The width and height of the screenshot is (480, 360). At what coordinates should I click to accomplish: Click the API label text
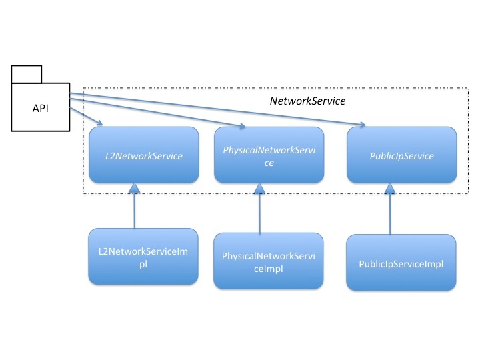click(41, 109)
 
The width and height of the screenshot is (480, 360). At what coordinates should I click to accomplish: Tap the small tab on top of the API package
click(26, 74)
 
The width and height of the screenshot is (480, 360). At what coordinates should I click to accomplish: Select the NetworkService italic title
click(307, 101)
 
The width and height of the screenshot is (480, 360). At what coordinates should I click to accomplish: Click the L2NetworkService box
click(144, 155)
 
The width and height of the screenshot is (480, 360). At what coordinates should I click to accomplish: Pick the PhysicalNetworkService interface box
click(269, 155)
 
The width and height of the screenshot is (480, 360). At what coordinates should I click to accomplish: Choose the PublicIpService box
click(401, 155)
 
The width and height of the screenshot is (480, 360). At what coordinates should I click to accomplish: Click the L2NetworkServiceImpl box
click(143, 257)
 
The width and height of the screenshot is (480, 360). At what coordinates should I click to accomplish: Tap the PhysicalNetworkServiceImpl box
click(269, 261)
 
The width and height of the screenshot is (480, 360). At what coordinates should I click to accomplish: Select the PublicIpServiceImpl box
click(401, 263)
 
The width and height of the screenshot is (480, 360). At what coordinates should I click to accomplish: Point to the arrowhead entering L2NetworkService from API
click(99, 123)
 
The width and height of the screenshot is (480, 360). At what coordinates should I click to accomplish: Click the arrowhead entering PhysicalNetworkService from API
click(242, 125)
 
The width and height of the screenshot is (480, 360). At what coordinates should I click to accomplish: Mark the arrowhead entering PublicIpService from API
click(363, 124)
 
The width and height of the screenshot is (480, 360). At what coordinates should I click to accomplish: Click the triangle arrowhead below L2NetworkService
click(134, 188)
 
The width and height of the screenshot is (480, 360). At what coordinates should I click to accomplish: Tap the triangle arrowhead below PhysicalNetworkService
click(259, 189)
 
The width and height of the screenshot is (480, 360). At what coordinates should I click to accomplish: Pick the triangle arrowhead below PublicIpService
click(390, 189)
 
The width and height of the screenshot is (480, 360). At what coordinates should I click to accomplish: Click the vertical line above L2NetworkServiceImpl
click(135, 211)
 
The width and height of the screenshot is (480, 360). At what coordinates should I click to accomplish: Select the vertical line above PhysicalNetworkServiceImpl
click(259, 213)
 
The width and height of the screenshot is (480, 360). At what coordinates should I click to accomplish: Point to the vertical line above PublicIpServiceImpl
click(390, 214)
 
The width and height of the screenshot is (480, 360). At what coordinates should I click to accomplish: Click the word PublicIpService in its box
click(401, 156)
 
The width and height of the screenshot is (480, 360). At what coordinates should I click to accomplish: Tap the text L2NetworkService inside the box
click(144, 156)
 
